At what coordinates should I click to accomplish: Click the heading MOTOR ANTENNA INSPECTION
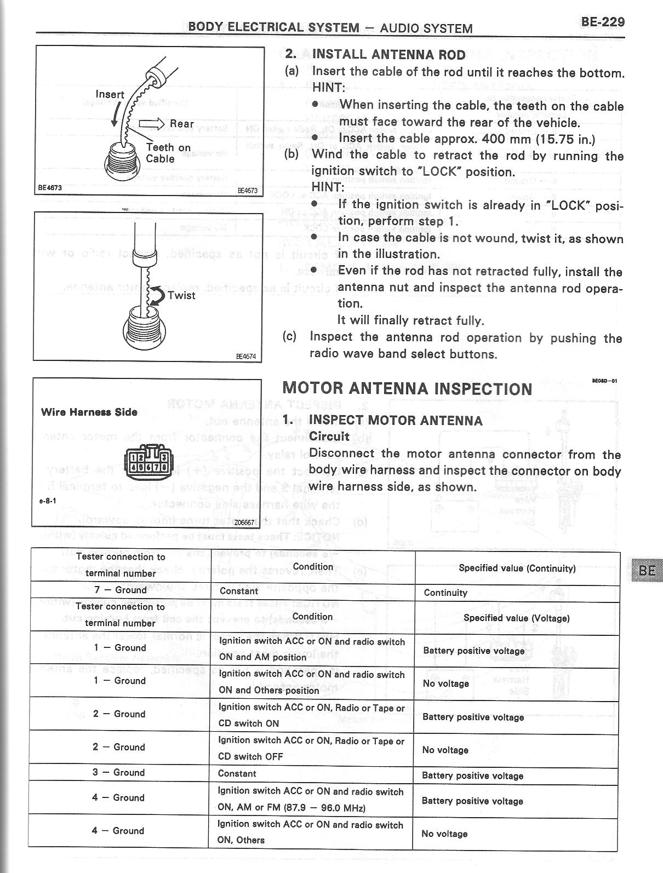407,389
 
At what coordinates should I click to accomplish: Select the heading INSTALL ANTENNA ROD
388,55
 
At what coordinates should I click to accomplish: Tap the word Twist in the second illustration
181,295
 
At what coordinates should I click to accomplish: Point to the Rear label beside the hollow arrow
181,124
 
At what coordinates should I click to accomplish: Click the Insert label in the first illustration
110,94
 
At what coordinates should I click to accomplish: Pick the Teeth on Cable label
168,153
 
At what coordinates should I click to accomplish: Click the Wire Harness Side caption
89,412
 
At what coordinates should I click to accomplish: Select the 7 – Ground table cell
121,590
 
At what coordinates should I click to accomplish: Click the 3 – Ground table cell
121,772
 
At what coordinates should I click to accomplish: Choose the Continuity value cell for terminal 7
445,593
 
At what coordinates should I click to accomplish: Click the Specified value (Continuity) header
517,568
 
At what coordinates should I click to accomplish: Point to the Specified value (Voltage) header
516,618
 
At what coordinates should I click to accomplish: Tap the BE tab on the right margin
647,570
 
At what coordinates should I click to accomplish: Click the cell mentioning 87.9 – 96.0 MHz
310,800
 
